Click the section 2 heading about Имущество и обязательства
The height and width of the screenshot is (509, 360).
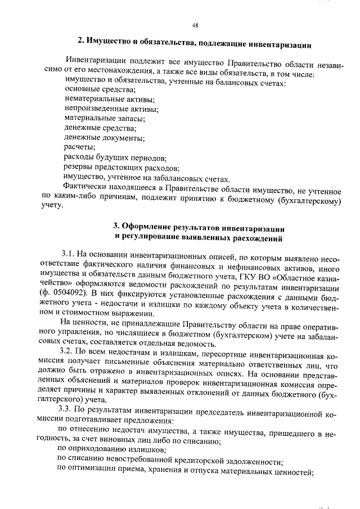(x=195, y=42)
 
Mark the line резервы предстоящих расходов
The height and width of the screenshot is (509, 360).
(x=121, y=168)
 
